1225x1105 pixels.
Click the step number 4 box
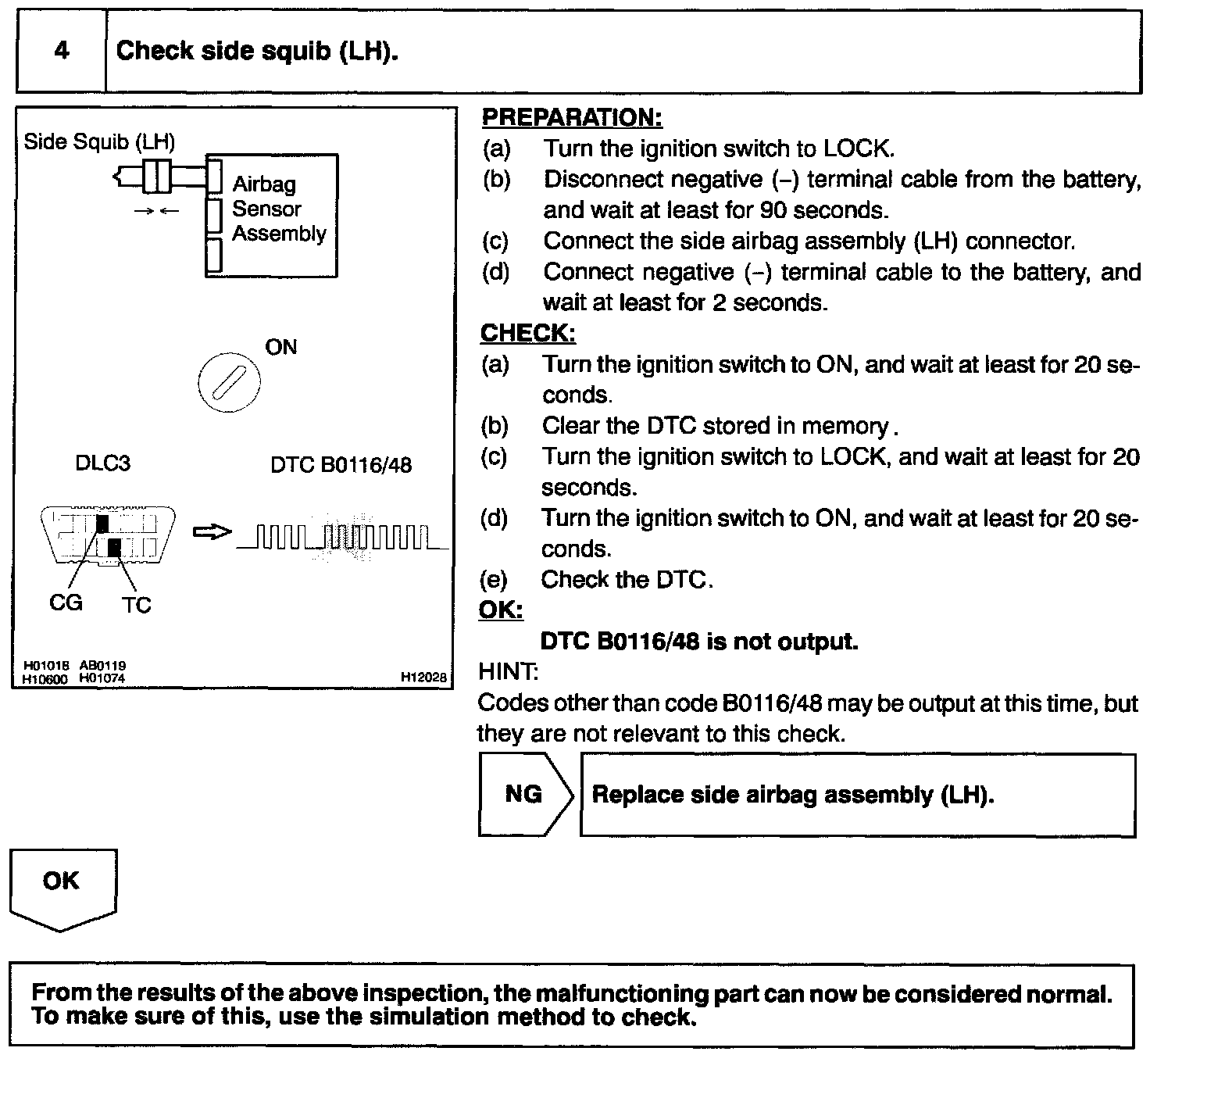pos(61,52)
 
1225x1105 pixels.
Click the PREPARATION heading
pos(572,117)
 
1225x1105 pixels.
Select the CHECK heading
pos(528,333)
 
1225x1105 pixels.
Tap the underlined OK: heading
pos(501,610)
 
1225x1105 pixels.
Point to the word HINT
pos(507,671)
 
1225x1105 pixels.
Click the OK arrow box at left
pos(62,886)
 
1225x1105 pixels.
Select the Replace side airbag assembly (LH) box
pos(857,795)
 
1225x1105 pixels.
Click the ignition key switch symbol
pos(229,384)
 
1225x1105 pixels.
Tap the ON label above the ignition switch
pos(281,347)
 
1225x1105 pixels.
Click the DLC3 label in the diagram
pos(102,463)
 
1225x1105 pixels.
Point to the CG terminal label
pos(66,603)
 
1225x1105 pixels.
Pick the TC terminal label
pos(136,605)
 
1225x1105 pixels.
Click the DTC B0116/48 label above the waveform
pos(341,465)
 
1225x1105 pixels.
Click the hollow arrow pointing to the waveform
pos(212,532)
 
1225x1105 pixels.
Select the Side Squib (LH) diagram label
pos(99,141)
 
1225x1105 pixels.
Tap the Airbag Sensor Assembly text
pos(278,209)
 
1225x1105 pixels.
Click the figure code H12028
pos(423,677)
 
